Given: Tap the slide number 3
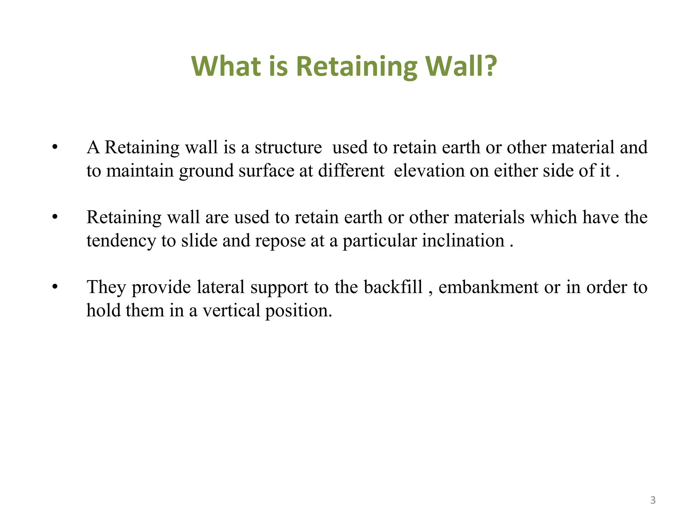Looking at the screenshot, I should pyautogui.click(x=653, y=500).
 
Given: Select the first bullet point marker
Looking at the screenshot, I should pyautogui.click(x=55, y=147).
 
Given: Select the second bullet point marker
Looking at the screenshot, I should pyautogui.click(x=55, y=217).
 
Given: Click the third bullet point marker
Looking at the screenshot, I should pyautogui.click(x=55, y=287).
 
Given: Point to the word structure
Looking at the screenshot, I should pyautogui.click(x=288, y=148).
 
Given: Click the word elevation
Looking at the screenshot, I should pyautogui.click(x=429, y=171).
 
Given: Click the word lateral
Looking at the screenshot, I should pyautogui.click(x=221, y=287).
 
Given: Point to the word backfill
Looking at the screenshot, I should pyautogui.click(x=393, y=287).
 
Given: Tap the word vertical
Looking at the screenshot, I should pyautogui.click(x=231, y=310).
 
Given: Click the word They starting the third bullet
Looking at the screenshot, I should pyautogui.click(x=106, y=287).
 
